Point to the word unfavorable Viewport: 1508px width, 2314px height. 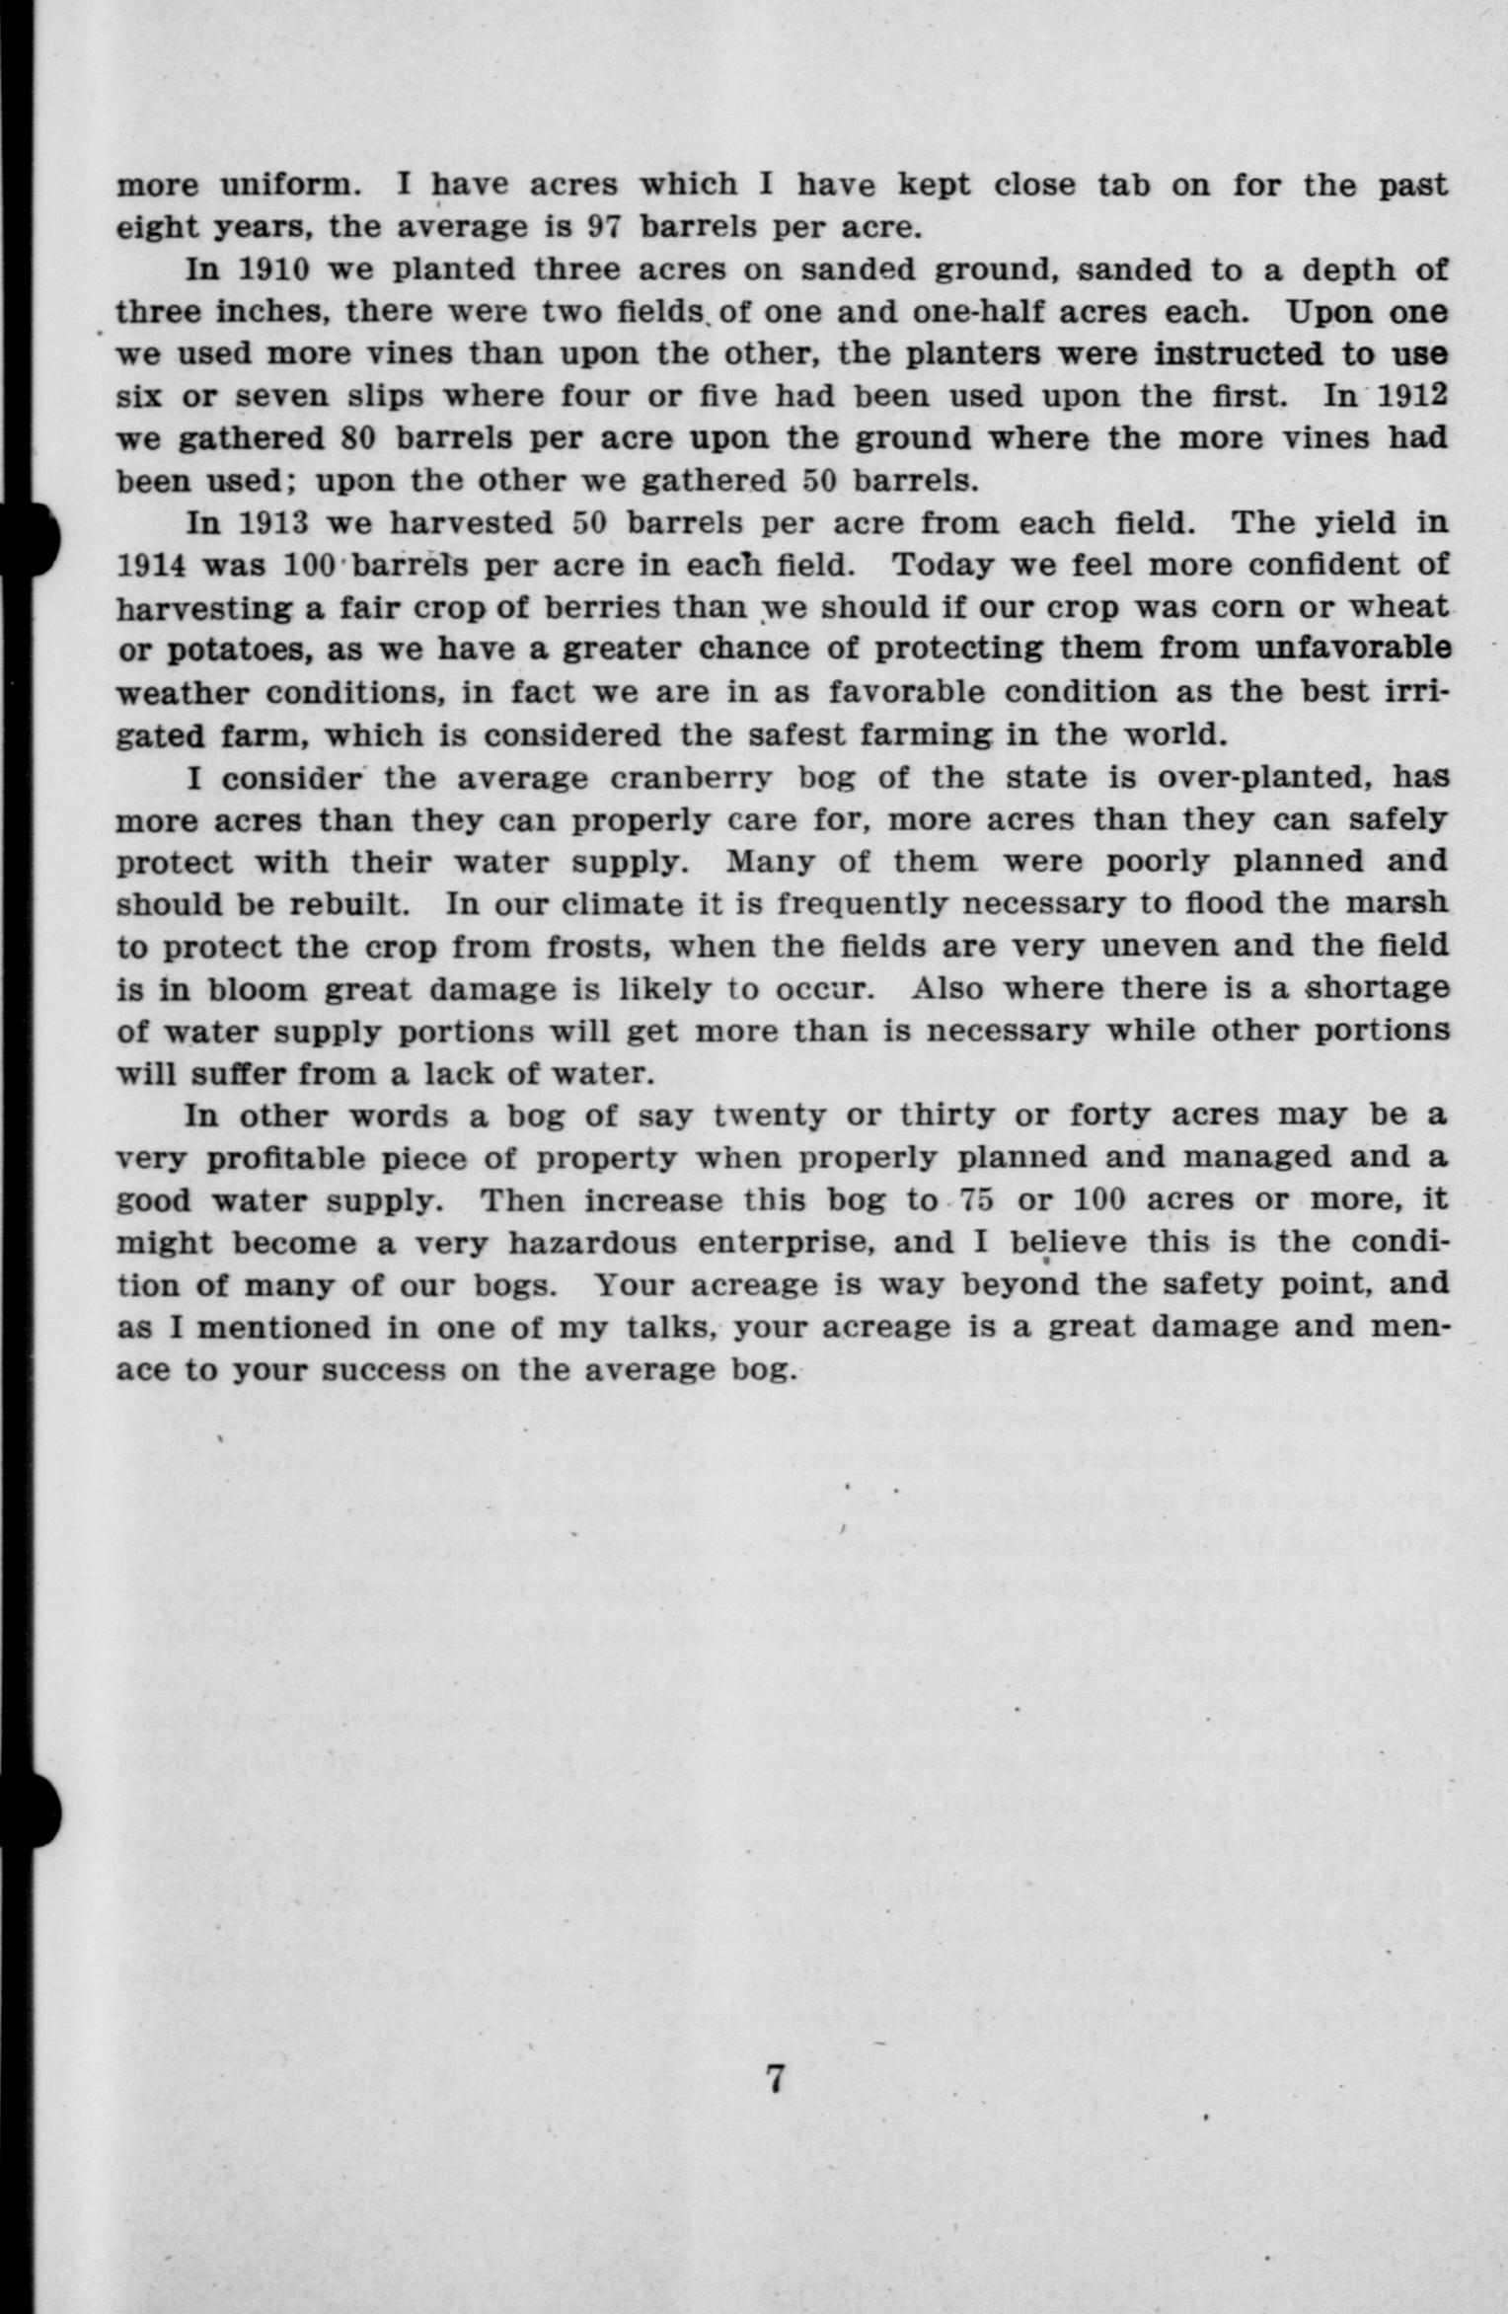click(x=1352, y=650)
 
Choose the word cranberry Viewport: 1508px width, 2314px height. click(x=690, y=778)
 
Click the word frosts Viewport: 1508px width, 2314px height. click(x=585, y=947)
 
